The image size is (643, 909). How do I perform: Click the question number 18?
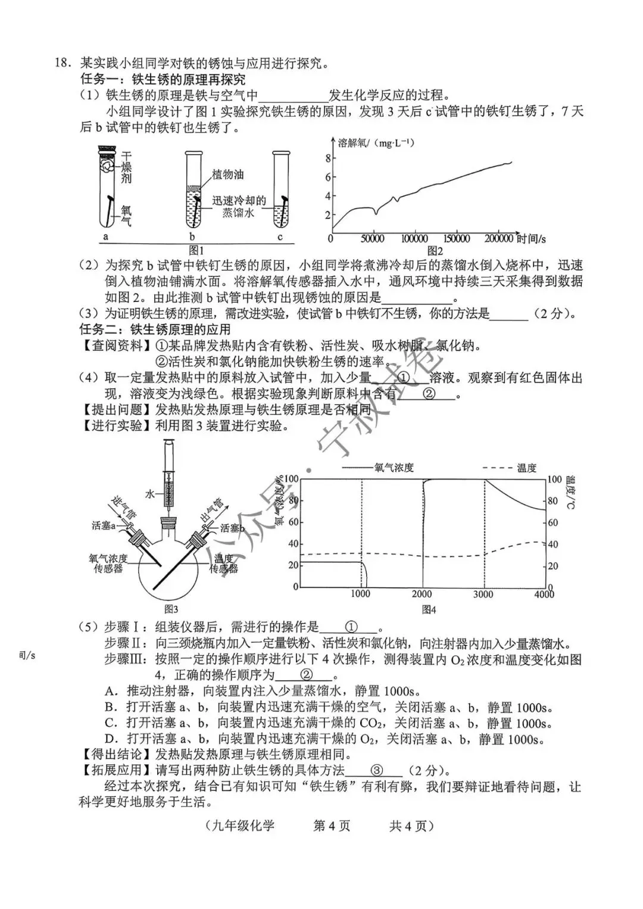click(x=63, y=63)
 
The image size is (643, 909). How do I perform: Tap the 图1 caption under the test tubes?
click(x=196, y=250)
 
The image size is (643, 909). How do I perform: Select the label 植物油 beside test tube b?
click(x=227, y=175)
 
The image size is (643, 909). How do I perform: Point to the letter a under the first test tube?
click(x=106, y=236)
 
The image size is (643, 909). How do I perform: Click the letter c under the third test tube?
click(x=280, y=236)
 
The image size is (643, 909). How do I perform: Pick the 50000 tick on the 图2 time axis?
click(x=373, y=239)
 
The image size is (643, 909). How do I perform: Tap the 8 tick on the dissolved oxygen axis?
click(x=327, y=158)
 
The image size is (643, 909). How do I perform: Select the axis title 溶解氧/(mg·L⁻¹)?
click(x=376, y=143)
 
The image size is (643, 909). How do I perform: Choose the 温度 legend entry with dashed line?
click(x=526, y=468)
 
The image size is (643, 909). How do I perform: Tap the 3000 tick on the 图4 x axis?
click(x=483, y=594)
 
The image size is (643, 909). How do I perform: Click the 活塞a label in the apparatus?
click(x=104, y=525)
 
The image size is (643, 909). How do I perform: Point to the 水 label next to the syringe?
click(x=150, y=494)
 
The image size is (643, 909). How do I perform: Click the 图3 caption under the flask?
click(x=171, y=609)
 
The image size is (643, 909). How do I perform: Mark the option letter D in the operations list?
click(x=110, y=739)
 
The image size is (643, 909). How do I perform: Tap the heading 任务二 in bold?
click(x=100, y=329)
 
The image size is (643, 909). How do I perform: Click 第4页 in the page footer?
click(x=332, y=826)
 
